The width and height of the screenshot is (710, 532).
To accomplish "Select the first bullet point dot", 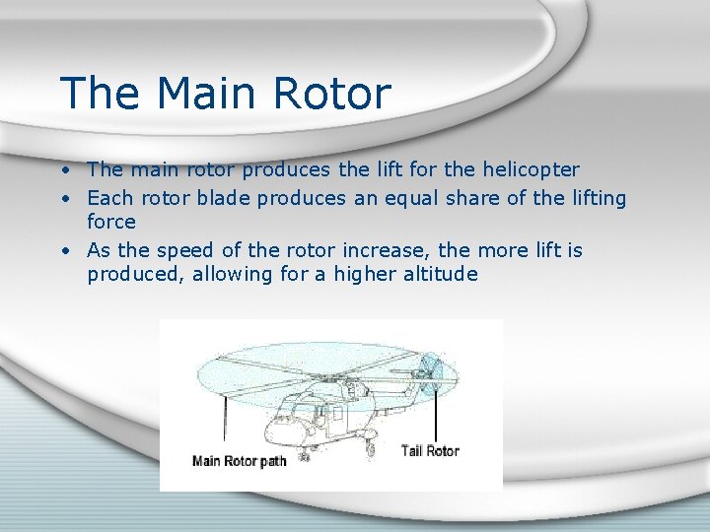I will [x=64, y=170].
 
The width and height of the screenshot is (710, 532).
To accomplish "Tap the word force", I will [x=110, y=222].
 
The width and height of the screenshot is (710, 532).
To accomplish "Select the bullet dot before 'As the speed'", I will [x=64, y=251].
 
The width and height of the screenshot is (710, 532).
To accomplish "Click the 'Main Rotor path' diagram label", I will [x=239, y=461].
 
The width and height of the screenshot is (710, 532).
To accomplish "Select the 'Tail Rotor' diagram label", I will [x=430, y=451].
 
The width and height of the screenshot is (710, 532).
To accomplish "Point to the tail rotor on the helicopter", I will [x=428, y=374].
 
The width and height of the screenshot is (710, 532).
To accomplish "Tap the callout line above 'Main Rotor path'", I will [x=226, y=419].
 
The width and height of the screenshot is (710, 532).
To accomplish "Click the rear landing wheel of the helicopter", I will [x=370, y=449].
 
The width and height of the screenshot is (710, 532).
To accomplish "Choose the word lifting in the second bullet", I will [x=598, y=198].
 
